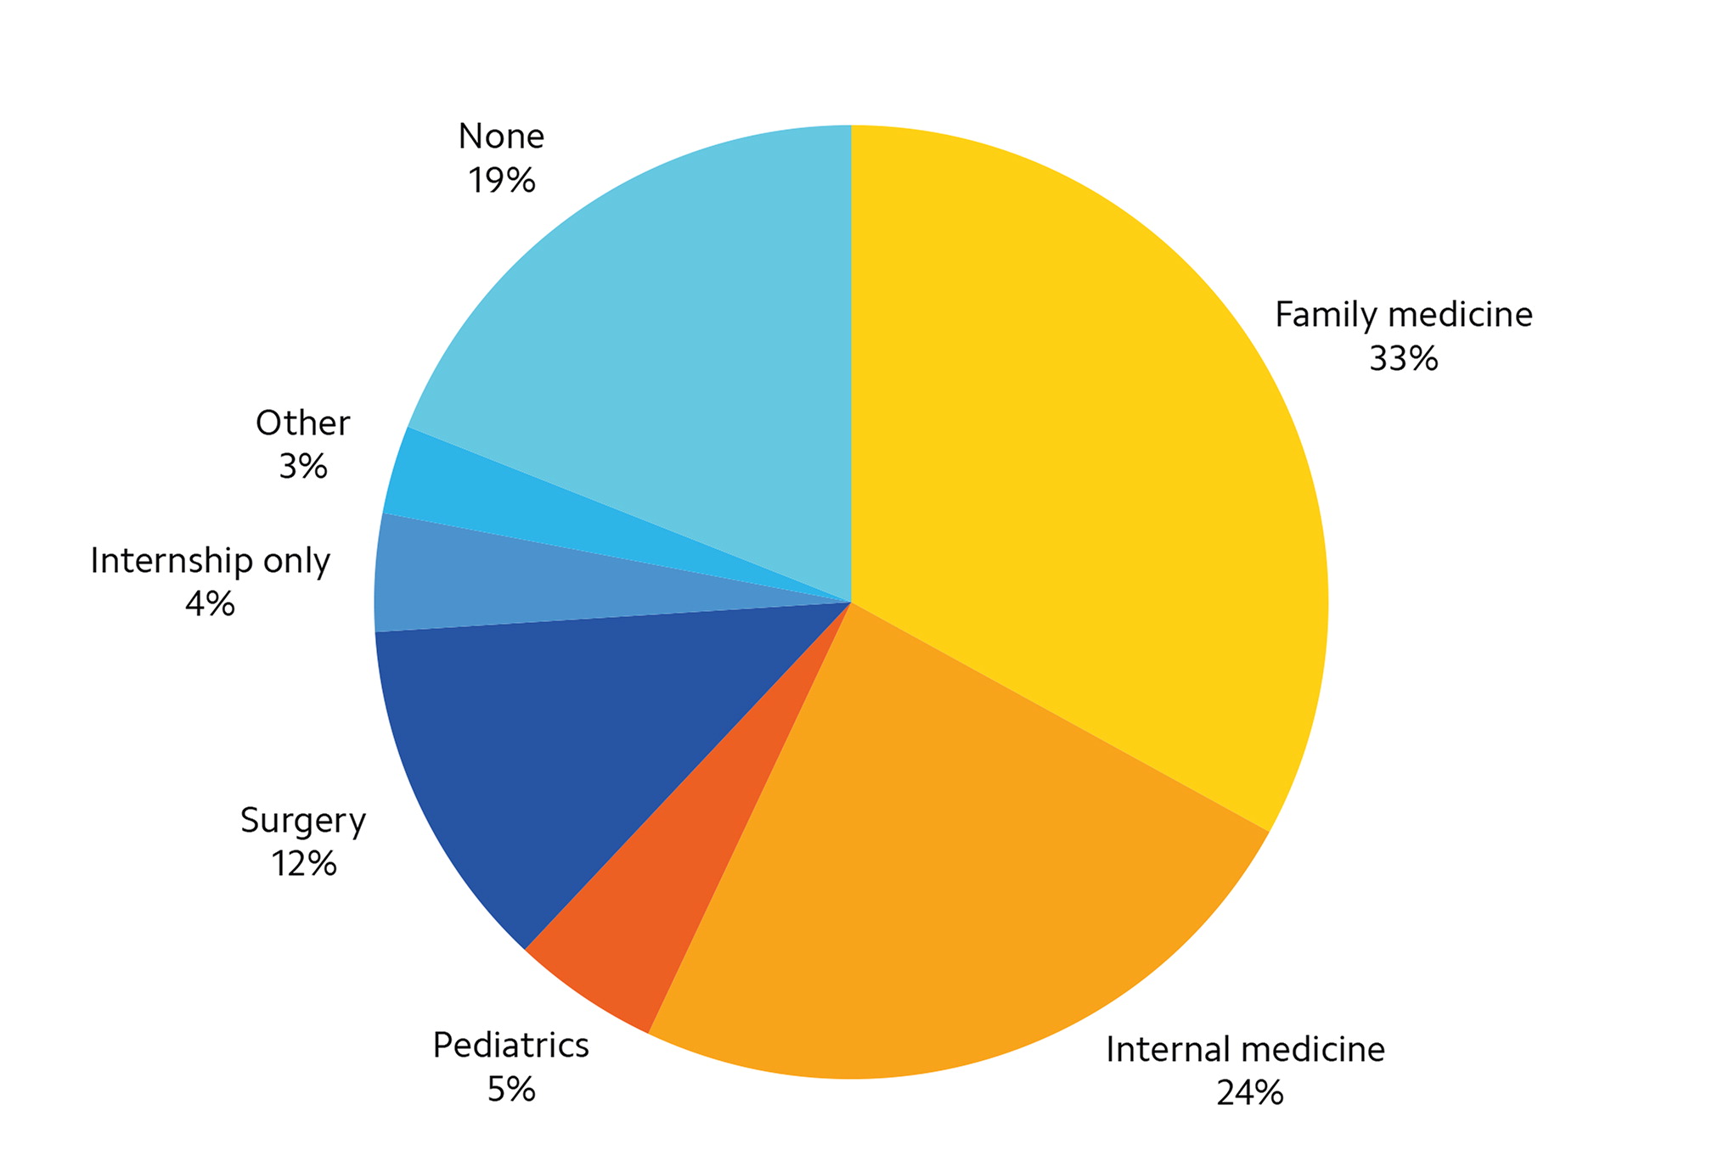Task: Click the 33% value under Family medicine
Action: point(1403,359)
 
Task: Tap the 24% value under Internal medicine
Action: point(1249,1093)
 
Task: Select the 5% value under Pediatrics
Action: point(511,1089)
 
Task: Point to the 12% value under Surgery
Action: point(304,864)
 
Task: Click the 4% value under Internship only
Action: point(210,604)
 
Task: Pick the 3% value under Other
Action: point(303,467)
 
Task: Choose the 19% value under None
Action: point(501,181)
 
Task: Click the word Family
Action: point(1325,316)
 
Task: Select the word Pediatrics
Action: point(511,1046)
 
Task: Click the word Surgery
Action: point(303,822)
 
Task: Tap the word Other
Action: point(303,424)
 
